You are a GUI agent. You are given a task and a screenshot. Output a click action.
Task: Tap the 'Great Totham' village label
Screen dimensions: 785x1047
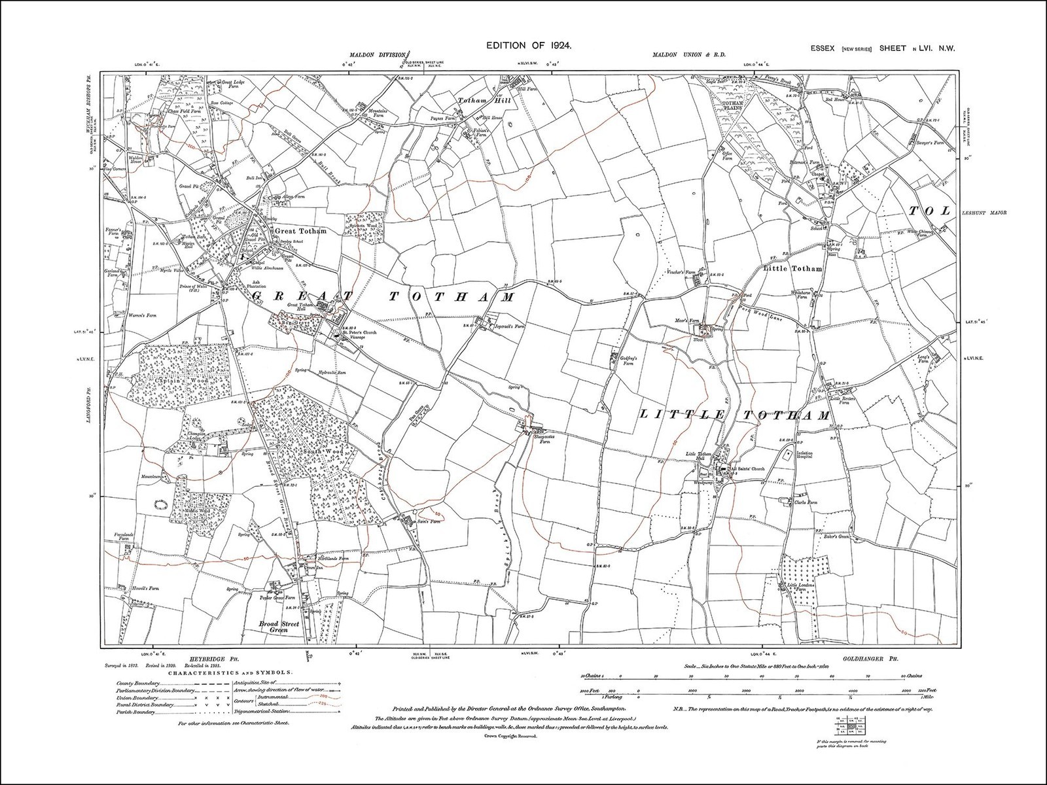(300, 231)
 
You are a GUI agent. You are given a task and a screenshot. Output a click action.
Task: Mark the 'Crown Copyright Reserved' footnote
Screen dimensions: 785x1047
(510, 735)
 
